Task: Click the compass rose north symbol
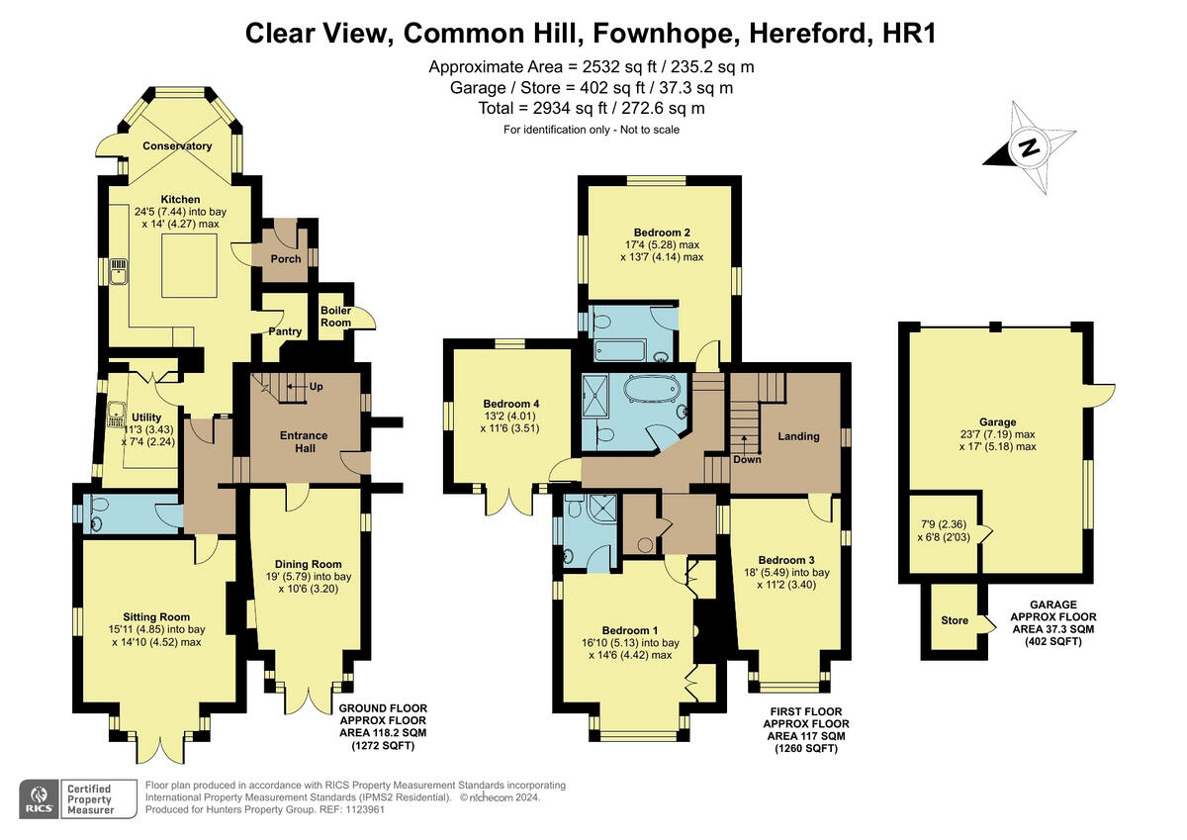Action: click(x=1029, y=148)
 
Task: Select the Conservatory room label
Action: click(x=177, y=146)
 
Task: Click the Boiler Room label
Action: click(x=335, y=316)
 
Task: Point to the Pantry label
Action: click(x=285, y=331)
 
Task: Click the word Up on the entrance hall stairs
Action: click(x=317, y=386)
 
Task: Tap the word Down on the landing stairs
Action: click(x=747, y=458)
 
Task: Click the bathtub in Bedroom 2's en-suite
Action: click(x=619, y=350)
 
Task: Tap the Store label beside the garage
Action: click(x=955, y=620)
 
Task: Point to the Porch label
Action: click(x=285, y=259)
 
